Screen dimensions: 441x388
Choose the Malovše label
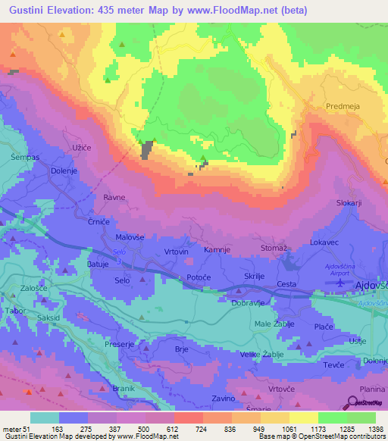point(130,236)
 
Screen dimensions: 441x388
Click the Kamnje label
point(217,249)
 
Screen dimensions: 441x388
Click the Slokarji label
point(349,203)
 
